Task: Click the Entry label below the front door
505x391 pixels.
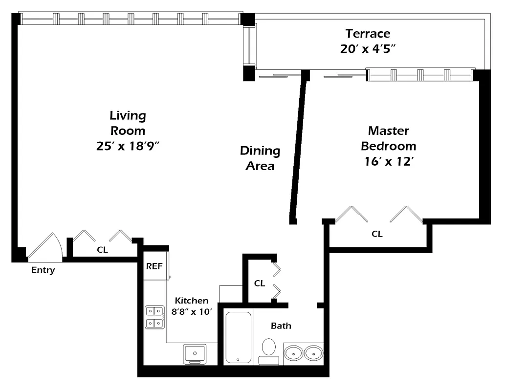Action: pyautogui.click(x=43, y=270)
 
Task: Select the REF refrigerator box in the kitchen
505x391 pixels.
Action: pyautogui.click(x=154, y=267)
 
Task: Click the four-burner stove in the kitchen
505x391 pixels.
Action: pyautogui.click(x=154, y=317)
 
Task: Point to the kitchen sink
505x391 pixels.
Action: pyautogui.click(x=195, y=353)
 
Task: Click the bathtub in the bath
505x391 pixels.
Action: pyautogui.click(x=239, y=337)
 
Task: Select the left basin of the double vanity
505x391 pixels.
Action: pyautogui.click(x=294, y=353)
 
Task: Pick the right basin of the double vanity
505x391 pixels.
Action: pyautogui.click(x=314, y=353)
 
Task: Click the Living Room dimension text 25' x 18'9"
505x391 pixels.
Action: pyautogui.click(x=128, y=146)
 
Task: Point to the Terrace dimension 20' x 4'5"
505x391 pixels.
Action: pyautogui.click(x=368, y=49)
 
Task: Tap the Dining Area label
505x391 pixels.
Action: pyautogui.click(x=260, y=158)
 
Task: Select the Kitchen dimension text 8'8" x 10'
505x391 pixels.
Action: pyautogui.click(x=192, y=312)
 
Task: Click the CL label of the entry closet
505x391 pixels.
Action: pyautogui.click(x=102, y=250)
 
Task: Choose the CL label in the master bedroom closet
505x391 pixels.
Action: pyautogui.click(x=377, y=234)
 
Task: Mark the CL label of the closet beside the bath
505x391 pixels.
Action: pyautogui.click(x=259, y=283)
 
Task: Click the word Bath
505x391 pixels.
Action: pyautogui.click(x=281, y=326)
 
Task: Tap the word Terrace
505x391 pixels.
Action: pyautogui.click(x=368, y=34)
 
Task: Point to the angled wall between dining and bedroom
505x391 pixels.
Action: pyautogui.click(x=298, y=147)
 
